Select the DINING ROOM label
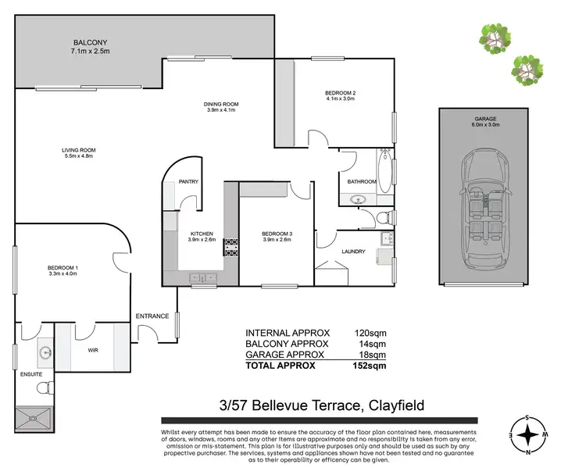coord(222,105)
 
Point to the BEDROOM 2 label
coord(340,93)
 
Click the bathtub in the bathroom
coord(384,168)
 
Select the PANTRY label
coord(188,182)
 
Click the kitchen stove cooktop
coord(230,248)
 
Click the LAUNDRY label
coord(354,252)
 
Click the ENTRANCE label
coord(152,316)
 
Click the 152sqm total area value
coord(370,365)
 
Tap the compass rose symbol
coord(529,433)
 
